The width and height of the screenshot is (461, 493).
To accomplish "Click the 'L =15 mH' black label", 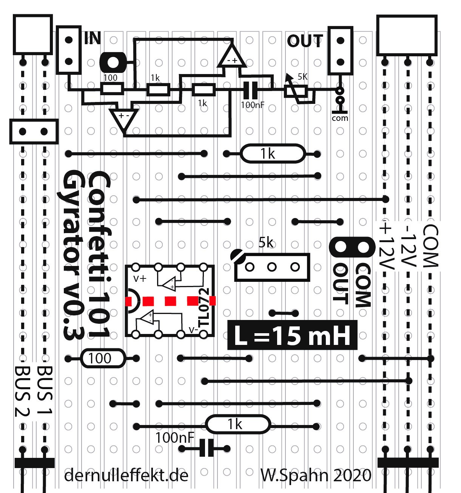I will [292, 335].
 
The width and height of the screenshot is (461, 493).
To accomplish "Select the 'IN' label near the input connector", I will [92, 38].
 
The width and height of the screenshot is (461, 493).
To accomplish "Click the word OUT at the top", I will [305, 41].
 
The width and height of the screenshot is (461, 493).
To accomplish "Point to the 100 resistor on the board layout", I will [103, 358].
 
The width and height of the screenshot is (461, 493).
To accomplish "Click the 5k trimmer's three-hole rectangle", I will [272, 267].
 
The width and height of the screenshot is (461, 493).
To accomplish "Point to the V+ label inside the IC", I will [140, 279].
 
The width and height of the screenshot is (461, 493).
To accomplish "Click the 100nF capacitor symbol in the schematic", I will [250, 90].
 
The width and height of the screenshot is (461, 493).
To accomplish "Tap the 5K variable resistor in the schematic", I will [296, 91].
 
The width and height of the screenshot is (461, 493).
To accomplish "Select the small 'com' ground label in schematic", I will [340, 118].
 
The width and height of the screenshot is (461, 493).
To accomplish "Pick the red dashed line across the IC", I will [170, 301].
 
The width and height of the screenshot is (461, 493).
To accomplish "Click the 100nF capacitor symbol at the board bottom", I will [207, 448].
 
